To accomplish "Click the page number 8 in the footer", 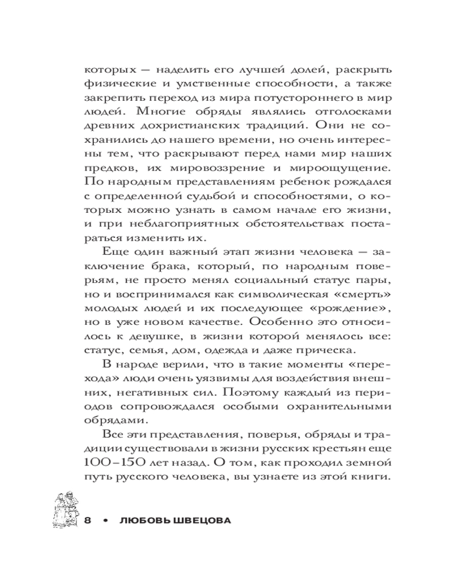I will pos(88,521).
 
